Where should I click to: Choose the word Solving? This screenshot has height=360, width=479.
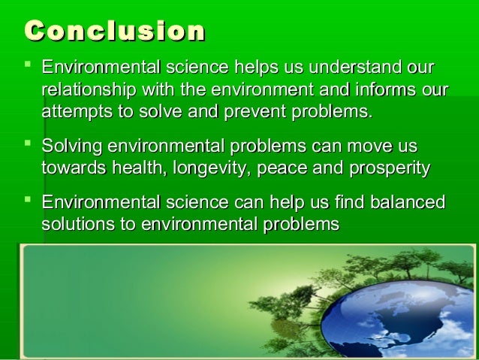click(71, 145)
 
